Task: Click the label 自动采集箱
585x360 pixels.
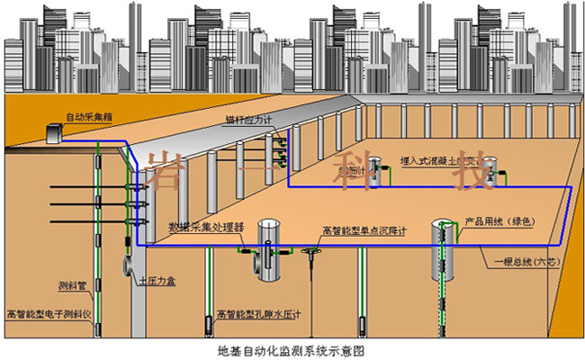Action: (x=88, y=117)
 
